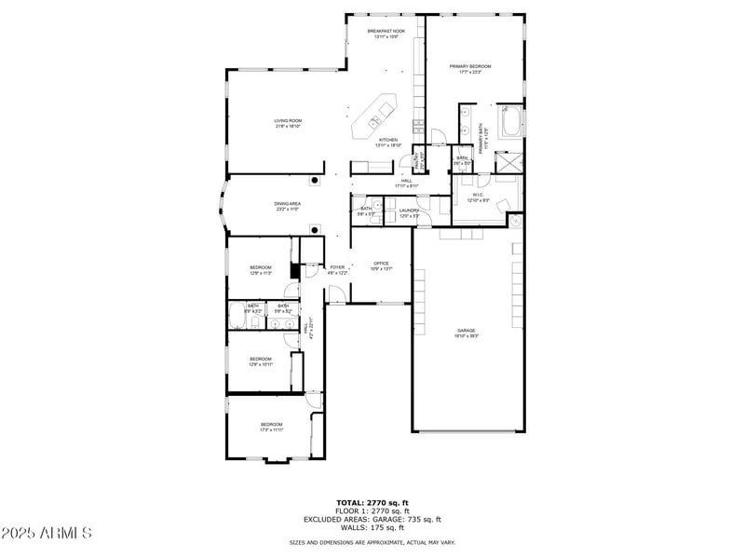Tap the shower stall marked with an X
point(509,158)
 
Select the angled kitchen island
point(374,116)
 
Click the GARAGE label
point(466,333)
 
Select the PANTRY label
point(418,159)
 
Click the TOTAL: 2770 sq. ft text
point(372,503)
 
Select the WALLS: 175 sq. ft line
point(372,527)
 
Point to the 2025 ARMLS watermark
point(47,533)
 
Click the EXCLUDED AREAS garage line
point(372,519)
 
